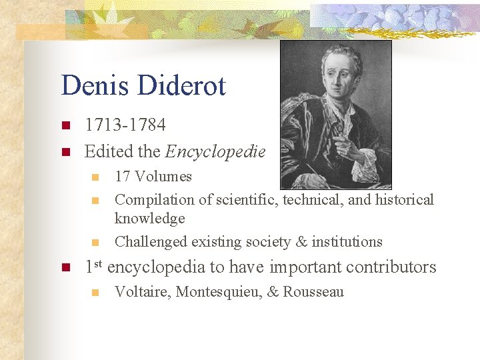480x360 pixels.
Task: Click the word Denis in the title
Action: coord(95,86)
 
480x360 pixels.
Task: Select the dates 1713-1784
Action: coord(125,125)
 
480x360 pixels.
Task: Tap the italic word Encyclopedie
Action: coord(215,152)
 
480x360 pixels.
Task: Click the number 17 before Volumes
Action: coord(122,177)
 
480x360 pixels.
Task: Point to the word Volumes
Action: coord(163,177)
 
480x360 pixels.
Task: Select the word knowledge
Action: coord(149,218)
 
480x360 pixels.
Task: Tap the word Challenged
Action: coord(151,241)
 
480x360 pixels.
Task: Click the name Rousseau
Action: coord(313,292)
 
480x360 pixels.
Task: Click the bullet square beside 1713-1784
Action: coord(65,125)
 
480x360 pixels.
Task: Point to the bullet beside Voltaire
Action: coord(95,292)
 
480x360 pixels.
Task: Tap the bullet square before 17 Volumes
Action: coord(95,177)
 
